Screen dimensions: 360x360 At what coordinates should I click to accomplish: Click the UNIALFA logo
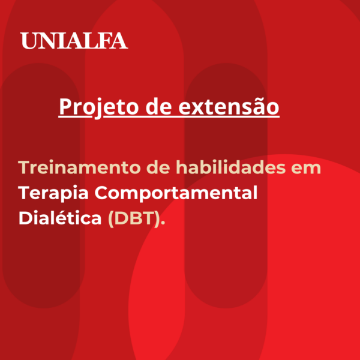[74, 41]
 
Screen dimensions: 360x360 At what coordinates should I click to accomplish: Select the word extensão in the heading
[229, 107]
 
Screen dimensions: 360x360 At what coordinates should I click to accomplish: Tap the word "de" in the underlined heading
[158, 106]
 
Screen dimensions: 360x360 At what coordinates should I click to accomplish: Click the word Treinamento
[79, 167]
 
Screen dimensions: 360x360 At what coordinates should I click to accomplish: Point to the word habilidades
[231, 167]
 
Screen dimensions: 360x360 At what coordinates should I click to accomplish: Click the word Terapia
[53, 193]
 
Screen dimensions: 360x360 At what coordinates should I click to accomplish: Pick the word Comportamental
[176, 193]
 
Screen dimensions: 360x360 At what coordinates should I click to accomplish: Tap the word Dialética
[60, 217]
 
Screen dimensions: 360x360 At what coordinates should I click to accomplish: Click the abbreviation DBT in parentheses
[135, 218]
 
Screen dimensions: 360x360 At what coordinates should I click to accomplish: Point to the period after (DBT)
[163, 223]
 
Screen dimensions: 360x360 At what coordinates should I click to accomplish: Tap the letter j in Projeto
[98, 109]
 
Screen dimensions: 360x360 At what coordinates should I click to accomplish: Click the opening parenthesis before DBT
[111, 218]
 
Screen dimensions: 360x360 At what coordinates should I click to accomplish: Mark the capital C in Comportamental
[102, 193]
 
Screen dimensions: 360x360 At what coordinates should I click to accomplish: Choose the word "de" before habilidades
[158, 167]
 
